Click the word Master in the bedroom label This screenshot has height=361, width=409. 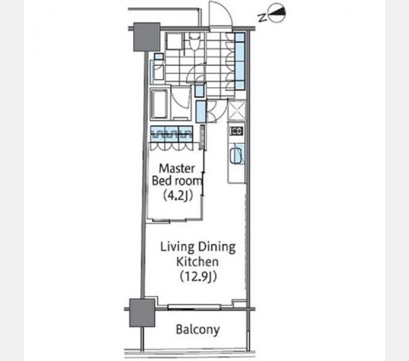pyautogui.click(x=177, y=168)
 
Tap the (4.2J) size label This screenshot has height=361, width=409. pyautogui.click(x=178, y=196)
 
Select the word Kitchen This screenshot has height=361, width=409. pyautogui.click(x=197, y=262)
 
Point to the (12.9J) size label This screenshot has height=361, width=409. pyautogui.click(x=198, y=277)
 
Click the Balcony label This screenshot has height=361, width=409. pyautogui.click(x=198, y=330)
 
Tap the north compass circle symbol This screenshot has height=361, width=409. pyautogui.click(x=277, y=13)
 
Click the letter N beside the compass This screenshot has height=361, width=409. pyautogui.click(x=262, y=17)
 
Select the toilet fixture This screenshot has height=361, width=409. pyautogui.click(x=194, y=42)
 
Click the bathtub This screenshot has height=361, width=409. pyautogui.click(x=159, y=104)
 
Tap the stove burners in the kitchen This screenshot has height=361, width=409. pyautogui.click(x=236, y=131)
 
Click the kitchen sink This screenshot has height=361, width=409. pyautogui.click(x=236, y=155)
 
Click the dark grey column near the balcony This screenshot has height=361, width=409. pyautogui.click(x=142, y=313)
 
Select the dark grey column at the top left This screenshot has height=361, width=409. pyautogui.click(x=147, y=37)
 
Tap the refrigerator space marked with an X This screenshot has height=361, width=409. pyautogui.click(x=236, y=110)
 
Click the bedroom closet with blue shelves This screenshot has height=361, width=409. pyautogui.click(x=171, y=134)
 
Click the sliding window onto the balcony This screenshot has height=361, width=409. pyautogui.click(x=194, y=307)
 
